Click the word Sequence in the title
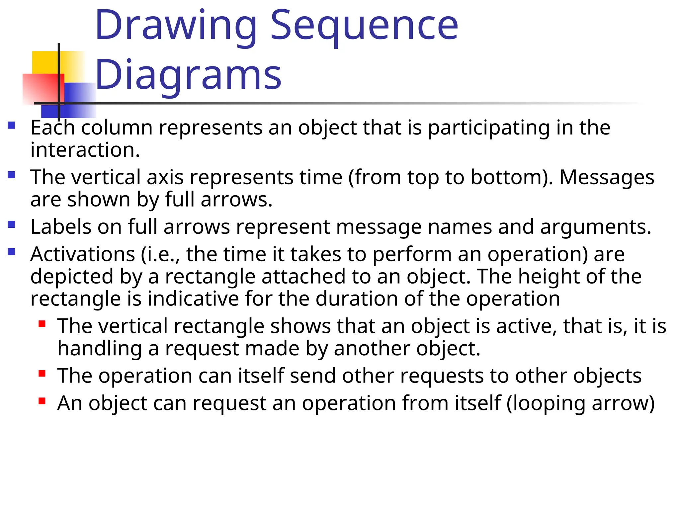pyautogui.click(x=364, y=26)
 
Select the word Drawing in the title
pyautogui.click(x=176, y=26)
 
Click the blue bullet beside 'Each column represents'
pyautogui.click(x=12, y=125)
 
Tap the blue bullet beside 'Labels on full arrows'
pyautogui.click(x=12, y=224)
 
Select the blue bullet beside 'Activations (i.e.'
pyautogui.click(x=12, y=252)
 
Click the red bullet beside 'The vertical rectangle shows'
pyautogui.click(x=42, y=324)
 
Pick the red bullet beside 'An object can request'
pyautogui.click(x=42, y=401)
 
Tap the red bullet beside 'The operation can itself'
pyautogui.click(x=42, y=374)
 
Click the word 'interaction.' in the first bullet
pyautogui.click(x=85, y=150)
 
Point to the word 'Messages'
pyautogui.click(x=607, y=177)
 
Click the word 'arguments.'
pyautogui.click(x=596, y=227)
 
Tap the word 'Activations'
pyautogui.click(x=83, y=254)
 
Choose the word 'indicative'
pyautogui.click(x=193, y=298)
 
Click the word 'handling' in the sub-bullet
pyautogui.click(x=99, y=348)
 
